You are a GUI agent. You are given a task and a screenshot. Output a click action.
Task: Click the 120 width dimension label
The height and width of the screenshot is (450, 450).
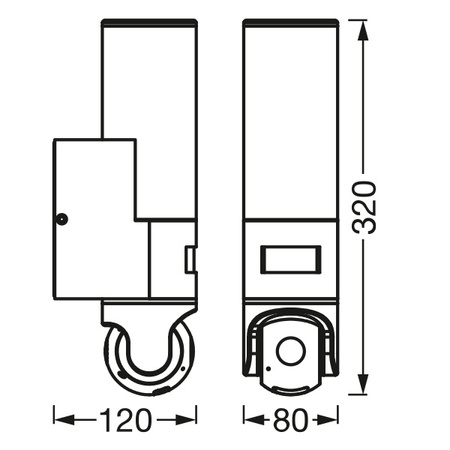pos(125,420)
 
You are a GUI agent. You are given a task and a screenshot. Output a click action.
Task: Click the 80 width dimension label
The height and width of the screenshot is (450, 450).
pos(290,420)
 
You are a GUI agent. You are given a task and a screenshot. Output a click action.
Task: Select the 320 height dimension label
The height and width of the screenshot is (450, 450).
pos(364,207)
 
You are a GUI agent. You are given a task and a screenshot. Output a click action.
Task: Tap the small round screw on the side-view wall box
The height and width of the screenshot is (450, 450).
pos(61,219)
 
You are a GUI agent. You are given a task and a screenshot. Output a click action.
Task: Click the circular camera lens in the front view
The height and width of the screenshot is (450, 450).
pos(291,351)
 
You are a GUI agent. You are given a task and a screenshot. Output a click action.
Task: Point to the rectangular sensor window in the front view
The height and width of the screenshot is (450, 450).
pos(290,260)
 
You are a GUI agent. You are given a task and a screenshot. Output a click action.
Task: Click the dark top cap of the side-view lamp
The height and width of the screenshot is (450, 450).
pos(149,22)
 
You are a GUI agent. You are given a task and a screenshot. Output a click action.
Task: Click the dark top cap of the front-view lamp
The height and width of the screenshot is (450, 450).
pos(290,22)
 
